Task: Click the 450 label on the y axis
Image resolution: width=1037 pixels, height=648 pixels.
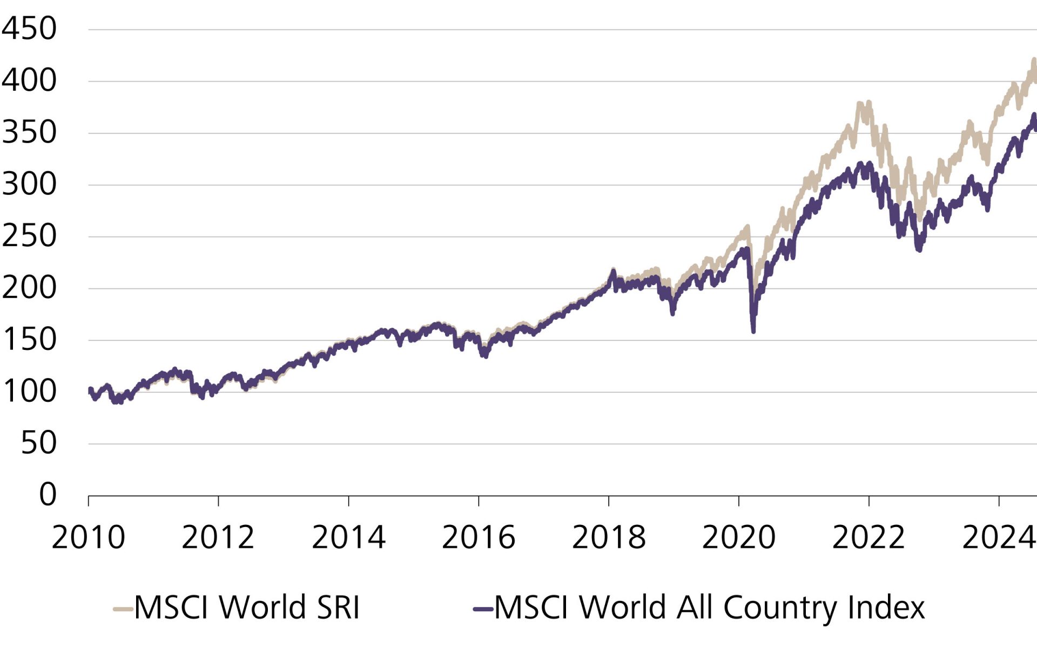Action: (29, 29)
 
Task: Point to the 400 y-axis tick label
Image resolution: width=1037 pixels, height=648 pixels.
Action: (29, 80)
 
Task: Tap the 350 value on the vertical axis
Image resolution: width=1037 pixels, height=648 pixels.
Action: (29, 132)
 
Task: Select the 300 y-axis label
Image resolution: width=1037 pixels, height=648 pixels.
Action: (29, 184)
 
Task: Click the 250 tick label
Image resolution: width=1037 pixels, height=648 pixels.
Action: (29, 236)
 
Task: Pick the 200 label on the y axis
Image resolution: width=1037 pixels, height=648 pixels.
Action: (29, 288)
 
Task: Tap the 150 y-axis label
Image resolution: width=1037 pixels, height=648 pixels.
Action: (29, 340)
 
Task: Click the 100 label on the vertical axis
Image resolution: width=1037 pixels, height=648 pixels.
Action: (29, 391)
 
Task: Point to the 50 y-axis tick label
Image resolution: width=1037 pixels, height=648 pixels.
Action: (39, 443)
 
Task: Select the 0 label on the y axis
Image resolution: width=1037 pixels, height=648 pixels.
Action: (48, 494)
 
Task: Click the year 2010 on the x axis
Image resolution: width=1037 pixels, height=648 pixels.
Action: (89, 538)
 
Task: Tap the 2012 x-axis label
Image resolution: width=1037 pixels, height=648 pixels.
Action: (218, 538)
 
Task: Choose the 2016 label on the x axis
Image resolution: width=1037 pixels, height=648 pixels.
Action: (479, 538)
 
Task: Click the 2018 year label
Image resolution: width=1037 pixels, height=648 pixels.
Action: (609, 538)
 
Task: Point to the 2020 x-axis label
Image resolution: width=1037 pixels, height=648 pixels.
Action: (739, 538)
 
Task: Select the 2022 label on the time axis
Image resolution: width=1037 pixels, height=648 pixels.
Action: (868, 538)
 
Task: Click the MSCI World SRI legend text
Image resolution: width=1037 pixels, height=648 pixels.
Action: (247, 607)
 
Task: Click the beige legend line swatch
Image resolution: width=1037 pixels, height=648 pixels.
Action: (123, 609)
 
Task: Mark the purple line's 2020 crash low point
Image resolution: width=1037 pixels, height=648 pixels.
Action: (753, 330)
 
